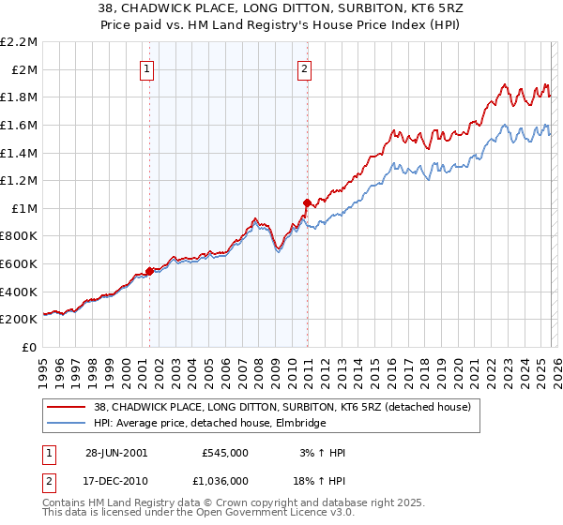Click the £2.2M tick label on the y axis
pos(20,42)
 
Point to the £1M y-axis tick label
pos(24,208)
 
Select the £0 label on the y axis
pos(30,347)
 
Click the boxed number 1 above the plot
pos(148,67)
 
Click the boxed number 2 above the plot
pos(306,67)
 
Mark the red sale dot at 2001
pos(149,271)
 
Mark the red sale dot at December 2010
pos(306,202)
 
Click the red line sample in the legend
pos(67,406)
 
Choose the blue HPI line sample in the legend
pos(67,423)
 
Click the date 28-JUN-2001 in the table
pos(116,453)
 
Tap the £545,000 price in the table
pos(224,453)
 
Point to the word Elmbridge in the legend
pos(298,423)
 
